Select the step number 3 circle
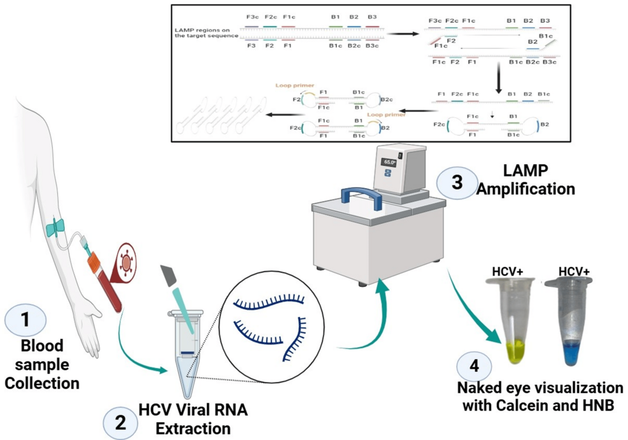tap(457, 180)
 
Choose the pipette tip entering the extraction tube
tap(180, 299)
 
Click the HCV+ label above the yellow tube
tap(508, 272)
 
